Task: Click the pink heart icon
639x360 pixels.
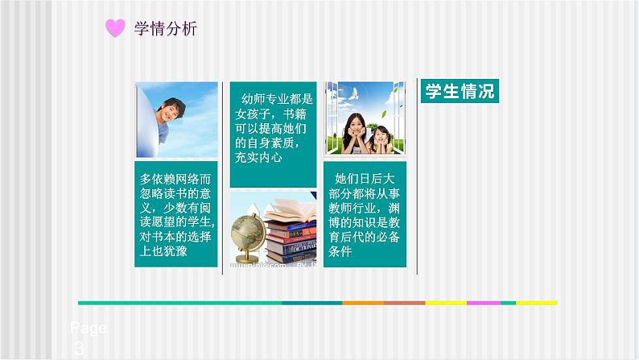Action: pyautogui.click(x=116, y=29)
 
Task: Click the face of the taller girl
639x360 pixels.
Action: pyautogui.click(x=354, y=125)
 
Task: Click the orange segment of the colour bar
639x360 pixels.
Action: pyautogui.click(x=362, y=303)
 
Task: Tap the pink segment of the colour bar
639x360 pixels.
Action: pyautogui.click(x=483, y=303)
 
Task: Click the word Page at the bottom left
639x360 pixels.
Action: pyautogui.click(x=88, y=329)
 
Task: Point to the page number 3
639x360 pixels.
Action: pyautogui.click(x=78, y=348)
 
